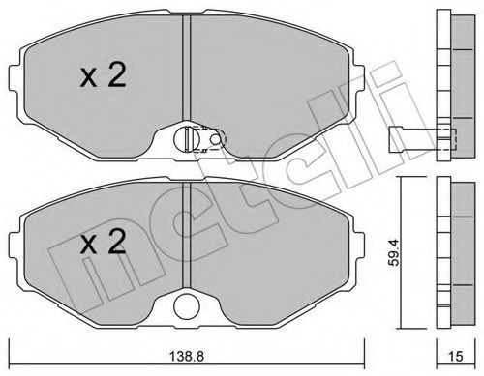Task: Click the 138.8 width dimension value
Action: click(x=187, y=356)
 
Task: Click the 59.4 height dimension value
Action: click(x=394, y=252)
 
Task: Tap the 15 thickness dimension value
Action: click(x=456, y=356)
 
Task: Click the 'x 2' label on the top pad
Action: click(x=103, y=75)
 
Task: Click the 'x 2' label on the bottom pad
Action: click(x=103, y=242)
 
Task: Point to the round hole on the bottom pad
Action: click(x=186, y=306)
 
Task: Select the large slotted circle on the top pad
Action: click(x=186, y=139)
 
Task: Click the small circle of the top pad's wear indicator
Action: click(x=215, y=139)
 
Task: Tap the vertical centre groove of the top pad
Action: click(x=187, y=69)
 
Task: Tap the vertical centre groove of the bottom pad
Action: click(x=187, y=235)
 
